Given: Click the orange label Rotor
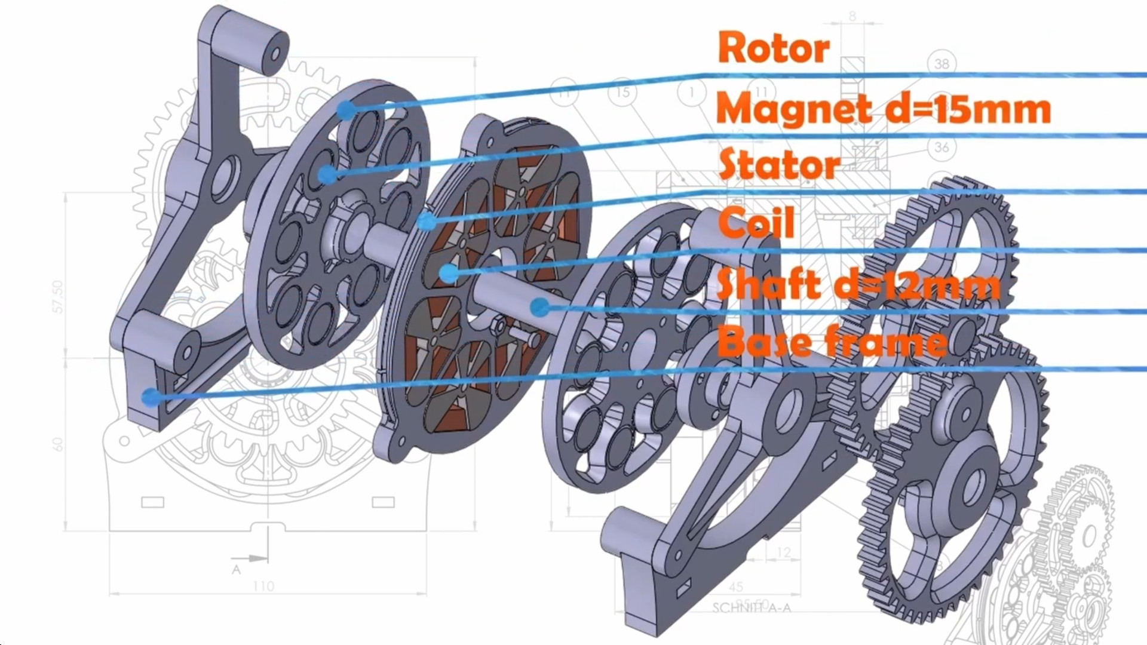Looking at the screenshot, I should click(x=774, y=48).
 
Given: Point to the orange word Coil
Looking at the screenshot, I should click(x=756, y=222).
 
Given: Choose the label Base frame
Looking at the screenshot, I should click(x=832, y=342).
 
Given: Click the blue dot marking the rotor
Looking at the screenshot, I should click(x=345, y=110).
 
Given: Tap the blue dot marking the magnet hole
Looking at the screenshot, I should click(x=327, y=174).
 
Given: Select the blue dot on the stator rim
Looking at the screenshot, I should click(x=427, y=222).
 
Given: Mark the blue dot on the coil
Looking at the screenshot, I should click(x=449, y=274).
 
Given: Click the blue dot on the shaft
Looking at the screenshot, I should click(x=539, y=307).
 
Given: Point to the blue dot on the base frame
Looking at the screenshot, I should click(x=151, y=397).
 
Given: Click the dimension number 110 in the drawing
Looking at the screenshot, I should click(x=263, y=586).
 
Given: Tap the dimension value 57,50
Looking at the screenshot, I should click(x=57, y=296).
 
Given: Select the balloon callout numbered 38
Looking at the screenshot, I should click(x=941, y=63).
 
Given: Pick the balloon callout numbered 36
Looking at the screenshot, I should click(x=941, y=147).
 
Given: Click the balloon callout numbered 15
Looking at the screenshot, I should click(x=623, y=93).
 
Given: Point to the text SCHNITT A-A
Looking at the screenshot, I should click(x=752, y=608).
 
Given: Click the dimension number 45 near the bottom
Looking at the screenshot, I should click(x=736, y=587).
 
